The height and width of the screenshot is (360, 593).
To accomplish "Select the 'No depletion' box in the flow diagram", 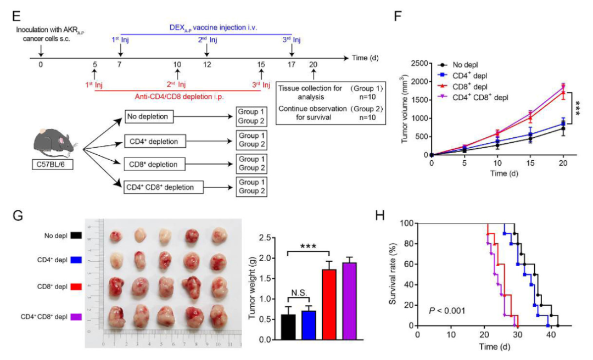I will point(150,117).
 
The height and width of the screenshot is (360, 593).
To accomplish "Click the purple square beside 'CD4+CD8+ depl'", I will point(77,317).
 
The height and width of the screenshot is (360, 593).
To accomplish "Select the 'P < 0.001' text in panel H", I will point(447,311).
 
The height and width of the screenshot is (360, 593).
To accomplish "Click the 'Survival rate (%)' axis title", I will point(393,274).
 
